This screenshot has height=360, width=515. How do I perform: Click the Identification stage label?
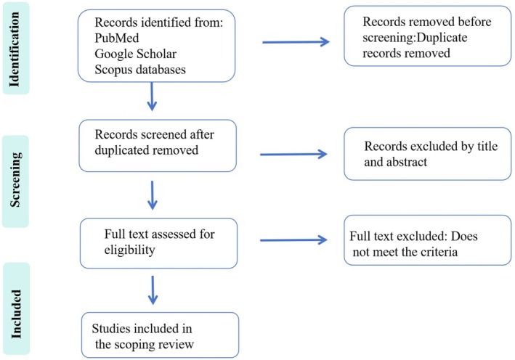click(15, 49)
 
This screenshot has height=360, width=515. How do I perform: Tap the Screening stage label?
click(15, 179)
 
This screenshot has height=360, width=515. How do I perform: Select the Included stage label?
click(16, 314)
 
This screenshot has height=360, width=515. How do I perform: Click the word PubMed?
click(117, 38)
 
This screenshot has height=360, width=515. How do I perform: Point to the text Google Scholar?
click(135, 54)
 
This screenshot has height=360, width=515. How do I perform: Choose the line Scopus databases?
click(140, 70)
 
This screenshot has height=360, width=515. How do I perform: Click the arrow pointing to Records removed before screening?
click(296, 41)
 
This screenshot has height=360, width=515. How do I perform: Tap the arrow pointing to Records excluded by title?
click(293, 154)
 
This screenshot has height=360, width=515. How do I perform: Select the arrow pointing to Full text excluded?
click(293, 240)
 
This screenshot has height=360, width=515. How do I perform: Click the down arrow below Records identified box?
click(152, 97)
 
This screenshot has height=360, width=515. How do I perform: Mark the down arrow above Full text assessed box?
click(153, 195)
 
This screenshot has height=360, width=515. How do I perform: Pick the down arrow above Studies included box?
click(153, 290)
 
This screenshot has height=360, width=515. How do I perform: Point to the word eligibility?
click(129, 250)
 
